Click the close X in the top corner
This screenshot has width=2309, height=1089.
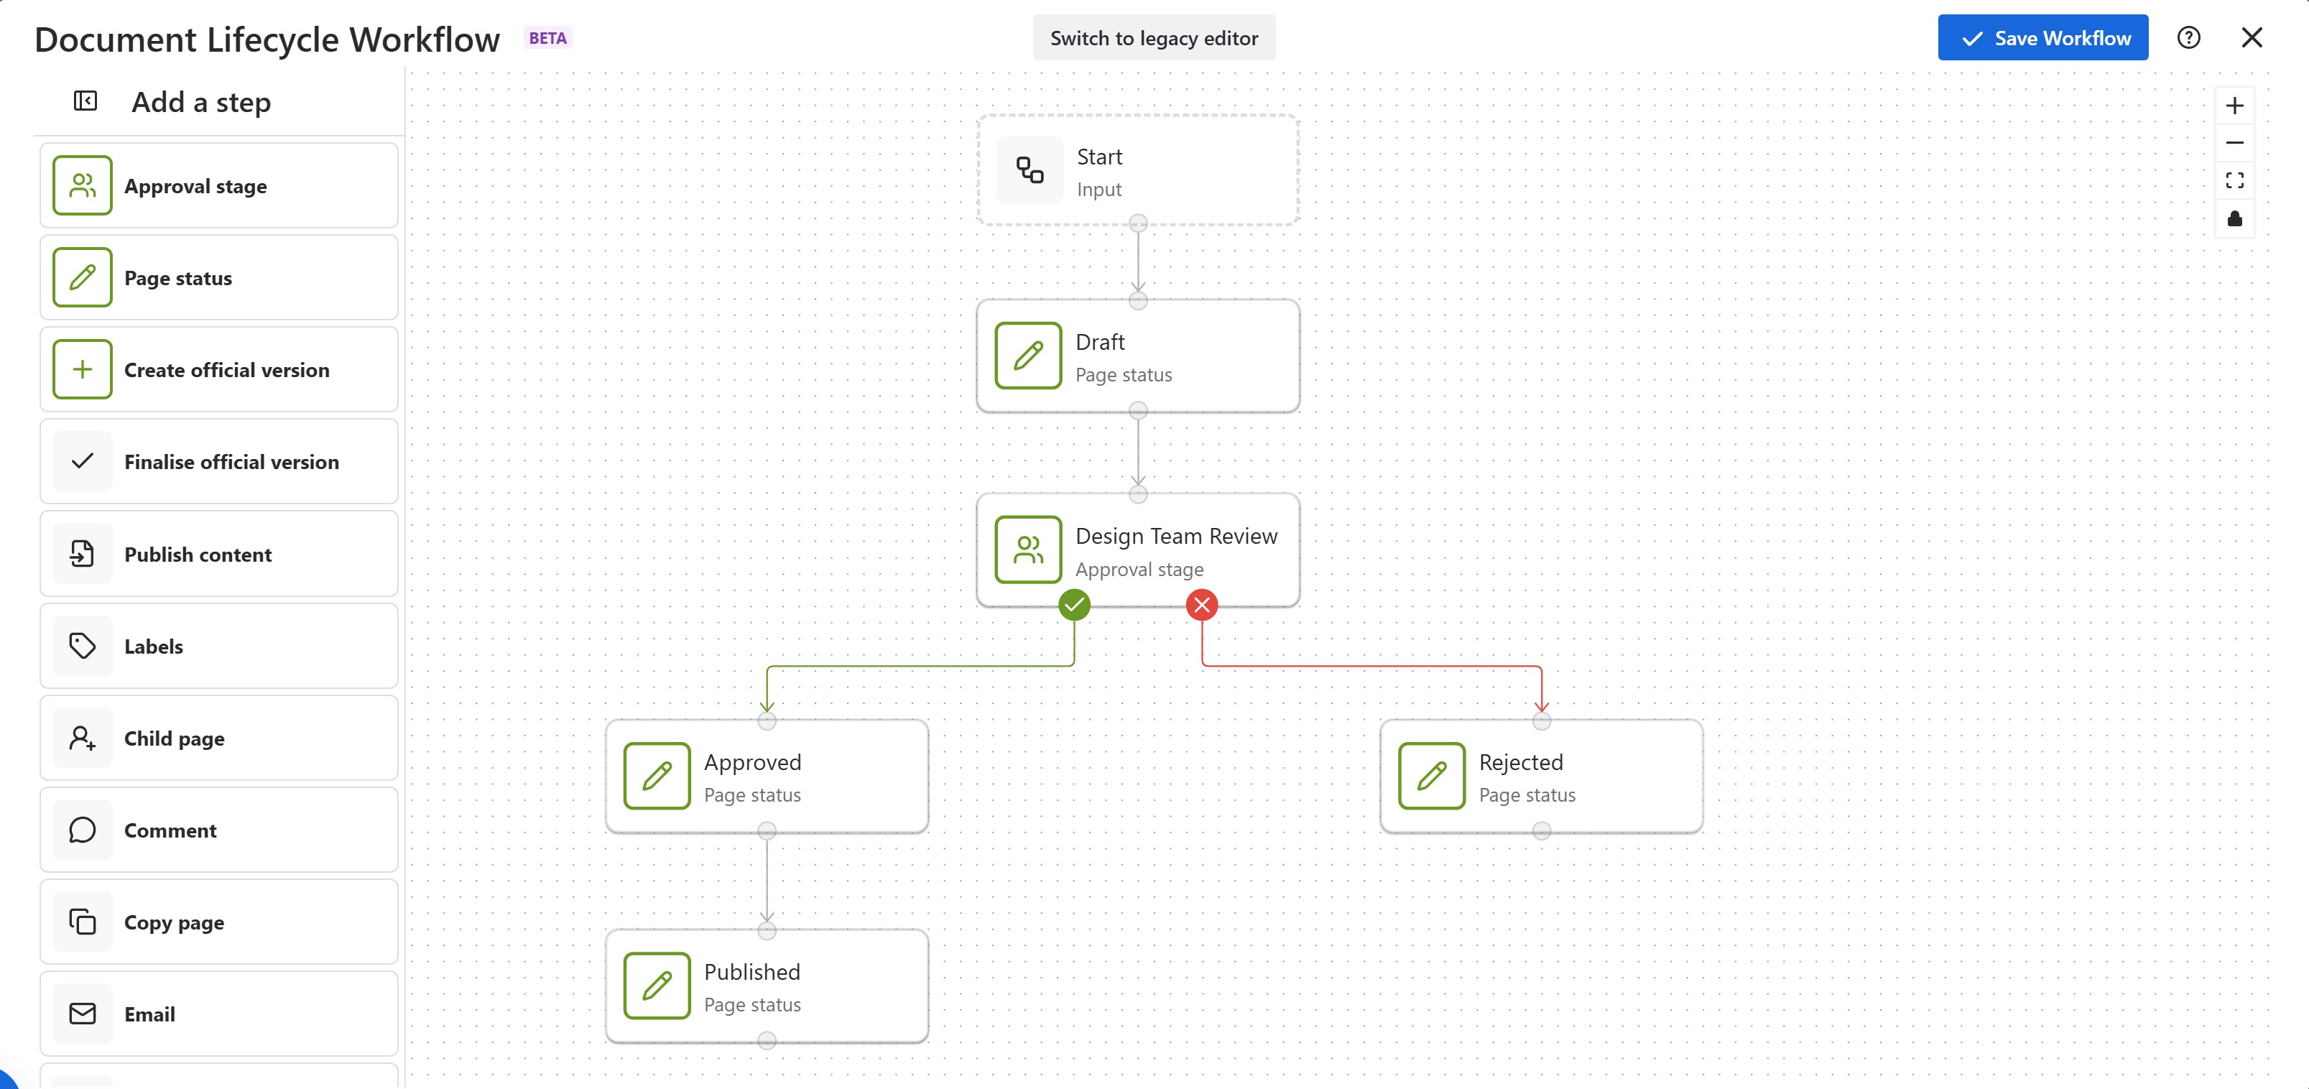[2251, 37]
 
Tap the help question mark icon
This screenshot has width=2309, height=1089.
[2188, 37]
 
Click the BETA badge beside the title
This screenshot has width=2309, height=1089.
[547, 37]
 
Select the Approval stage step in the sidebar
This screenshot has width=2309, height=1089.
[218, 185]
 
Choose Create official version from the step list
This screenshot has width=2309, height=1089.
[218, 369]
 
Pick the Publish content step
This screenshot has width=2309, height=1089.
[218, 554]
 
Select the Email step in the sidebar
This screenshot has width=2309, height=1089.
[218, 1014]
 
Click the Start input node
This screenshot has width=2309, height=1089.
[1137, 170]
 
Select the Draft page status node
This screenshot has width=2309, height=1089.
[1137, 356]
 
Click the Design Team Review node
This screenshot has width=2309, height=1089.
[1137, 550]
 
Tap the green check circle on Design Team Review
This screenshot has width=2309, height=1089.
[1074, 605]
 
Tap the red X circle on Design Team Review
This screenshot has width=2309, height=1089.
[1201, 605]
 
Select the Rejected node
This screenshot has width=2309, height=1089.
[1541, 777]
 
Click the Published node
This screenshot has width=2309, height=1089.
[767, 986]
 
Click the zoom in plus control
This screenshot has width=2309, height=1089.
[2234, 106]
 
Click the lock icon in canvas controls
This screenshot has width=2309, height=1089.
[2234, 218]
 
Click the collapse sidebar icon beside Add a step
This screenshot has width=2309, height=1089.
[85, 101]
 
